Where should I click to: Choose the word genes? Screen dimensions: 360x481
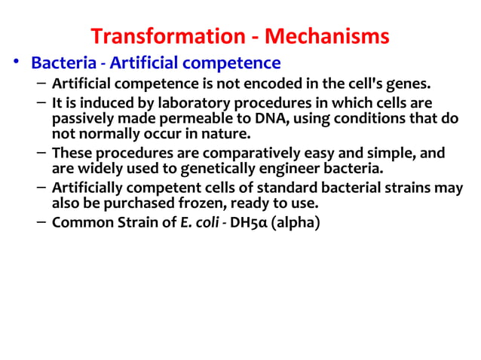[415, 83]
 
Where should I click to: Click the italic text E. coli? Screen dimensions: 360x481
[192, 223]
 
